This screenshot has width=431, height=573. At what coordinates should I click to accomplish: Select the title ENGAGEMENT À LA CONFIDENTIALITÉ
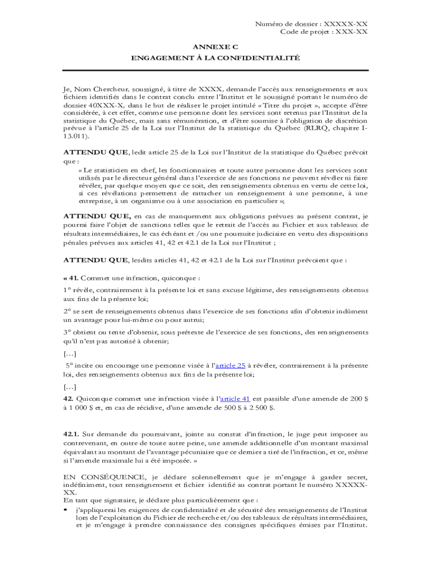pos(215,58)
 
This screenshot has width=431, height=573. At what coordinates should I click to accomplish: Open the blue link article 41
pos(236,398)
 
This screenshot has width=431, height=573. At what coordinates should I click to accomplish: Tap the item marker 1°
pos(67,290)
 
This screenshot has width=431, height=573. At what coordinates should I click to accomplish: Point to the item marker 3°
pos(67,332)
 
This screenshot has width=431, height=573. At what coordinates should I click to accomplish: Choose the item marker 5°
pos(69,365)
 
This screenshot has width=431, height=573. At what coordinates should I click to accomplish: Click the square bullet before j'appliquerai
pos(66,510)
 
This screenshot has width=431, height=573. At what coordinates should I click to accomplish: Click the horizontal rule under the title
pos(215,70)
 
